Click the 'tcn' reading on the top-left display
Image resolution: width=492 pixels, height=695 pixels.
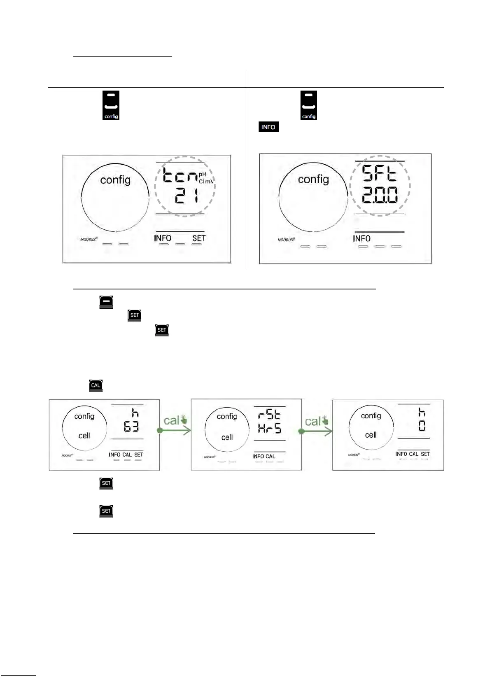[x=181, y=176]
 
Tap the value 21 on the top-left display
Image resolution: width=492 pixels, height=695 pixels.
[x=187, y=196]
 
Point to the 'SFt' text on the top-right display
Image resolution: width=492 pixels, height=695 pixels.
[x=379, y=173]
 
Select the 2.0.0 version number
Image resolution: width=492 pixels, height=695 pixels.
[x=380, y=195]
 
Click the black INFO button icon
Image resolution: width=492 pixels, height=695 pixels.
[x=268, y=127]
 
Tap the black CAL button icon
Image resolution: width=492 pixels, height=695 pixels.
[x=96, y=385]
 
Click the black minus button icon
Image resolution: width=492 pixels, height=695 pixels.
[x=106, y=302]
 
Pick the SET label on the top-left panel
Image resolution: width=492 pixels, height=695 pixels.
[x=198, y=238]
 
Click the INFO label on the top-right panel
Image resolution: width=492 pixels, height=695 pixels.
[x=361, y=238]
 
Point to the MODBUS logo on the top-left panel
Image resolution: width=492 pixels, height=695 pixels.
[x=89, y=239]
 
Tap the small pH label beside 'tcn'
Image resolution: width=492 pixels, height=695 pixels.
[x=203, y=175]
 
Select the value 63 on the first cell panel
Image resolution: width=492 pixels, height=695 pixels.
[x=131, y=427]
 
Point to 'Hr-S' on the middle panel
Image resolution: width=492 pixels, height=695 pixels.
[x=270, y=429]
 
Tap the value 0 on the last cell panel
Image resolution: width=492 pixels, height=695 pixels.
[x=422, y=426]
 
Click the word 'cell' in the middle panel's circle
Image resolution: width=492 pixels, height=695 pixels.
[x=227, y=437]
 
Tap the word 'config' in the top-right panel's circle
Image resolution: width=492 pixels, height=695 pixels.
[x=313, y=179]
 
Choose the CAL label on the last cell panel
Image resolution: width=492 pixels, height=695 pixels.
[x=413, y=454]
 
